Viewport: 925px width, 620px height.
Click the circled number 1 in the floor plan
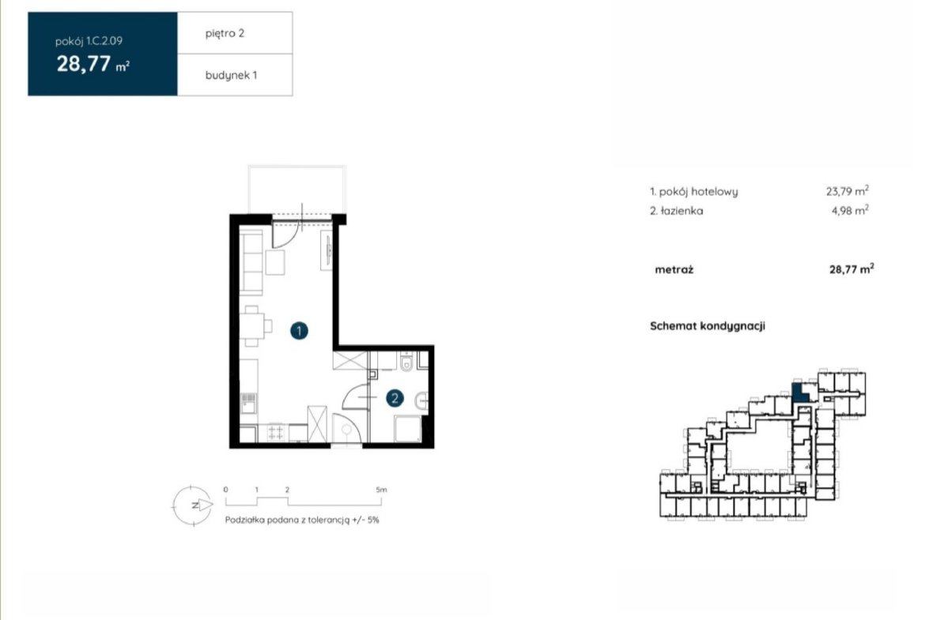299,331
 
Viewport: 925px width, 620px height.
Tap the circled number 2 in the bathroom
395,398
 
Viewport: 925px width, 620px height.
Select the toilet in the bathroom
406,363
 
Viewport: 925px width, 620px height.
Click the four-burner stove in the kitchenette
275,433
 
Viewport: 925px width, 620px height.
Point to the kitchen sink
248,403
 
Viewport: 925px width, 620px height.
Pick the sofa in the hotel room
251,262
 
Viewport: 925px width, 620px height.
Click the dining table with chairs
255,326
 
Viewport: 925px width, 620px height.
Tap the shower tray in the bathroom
408,428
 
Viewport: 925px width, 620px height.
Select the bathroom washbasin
422,400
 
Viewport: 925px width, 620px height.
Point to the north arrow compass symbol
193,505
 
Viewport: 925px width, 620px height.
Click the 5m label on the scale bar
381,489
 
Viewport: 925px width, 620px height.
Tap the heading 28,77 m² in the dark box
92,64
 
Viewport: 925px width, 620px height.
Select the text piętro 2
225,33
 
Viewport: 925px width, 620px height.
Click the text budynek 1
231,75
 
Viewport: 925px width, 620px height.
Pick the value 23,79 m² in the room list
848,191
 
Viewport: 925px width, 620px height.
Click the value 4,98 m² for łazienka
850,210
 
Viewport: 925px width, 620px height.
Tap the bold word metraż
674,270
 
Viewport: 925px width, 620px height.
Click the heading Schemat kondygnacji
708,326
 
